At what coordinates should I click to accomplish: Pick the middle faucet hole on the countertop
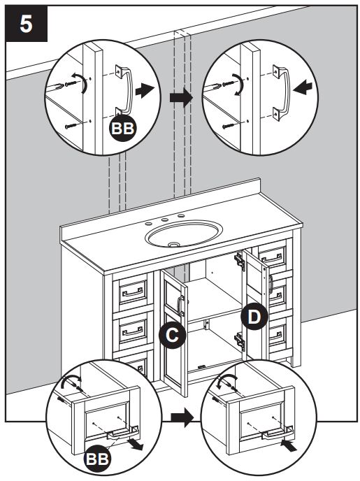tap(165, 220)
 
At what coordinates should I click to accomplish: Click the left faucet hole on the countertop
tap(149, 224)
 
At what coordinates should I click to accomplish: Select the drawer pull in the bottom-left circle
tap(121, 435)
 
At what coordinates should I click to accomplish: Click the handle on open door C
tap(181, 306)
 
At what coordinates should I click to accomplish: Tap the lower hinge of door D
tap(240, 340)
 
